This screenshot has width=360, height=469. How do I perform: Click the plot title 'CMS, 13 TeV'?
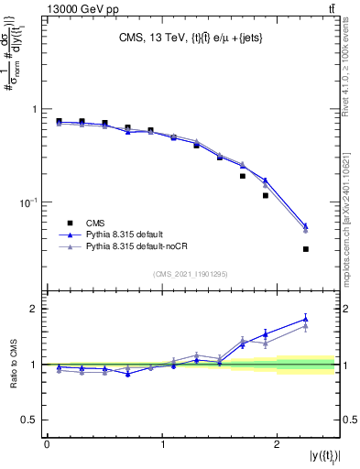pyautogui.click(x=152, y=38)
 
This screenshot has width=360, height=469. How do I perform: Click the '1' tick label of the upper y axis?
pyautogui.click(x=35, y=109)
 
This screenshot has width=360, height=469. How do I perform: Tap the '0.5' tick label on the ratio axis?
pyautogui.click(x=30, y=420)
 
